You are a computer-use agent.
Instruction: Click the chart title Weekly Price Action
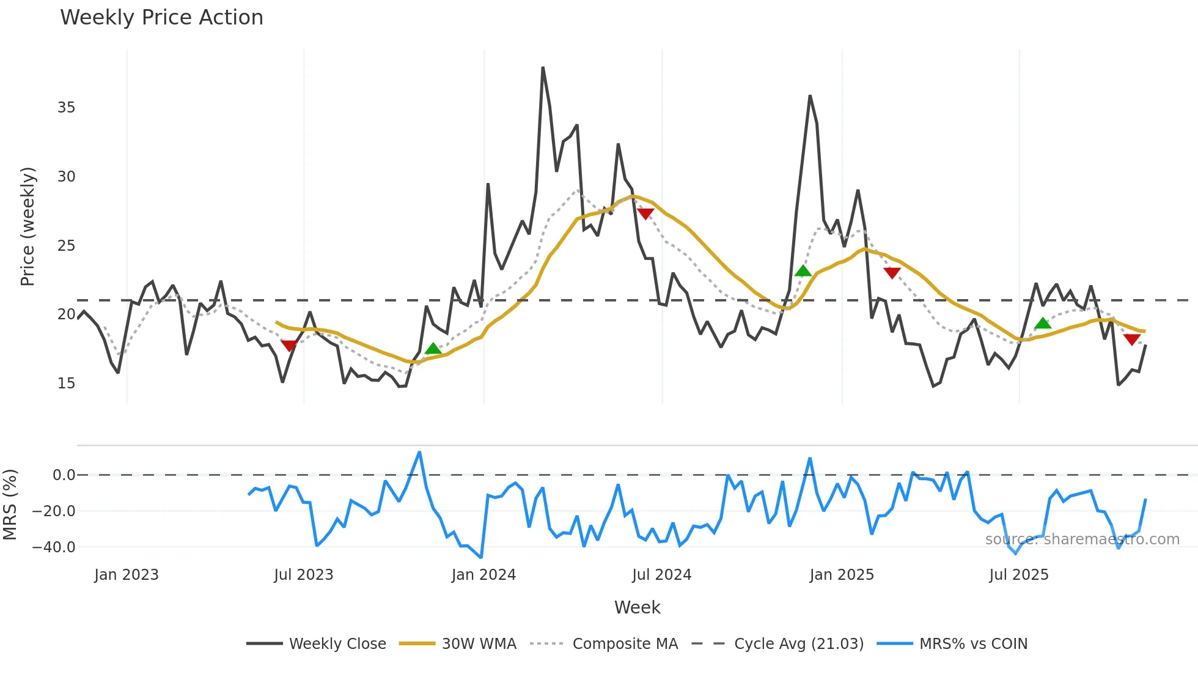161,18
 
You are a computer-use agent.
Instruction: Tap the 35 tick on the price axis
66,108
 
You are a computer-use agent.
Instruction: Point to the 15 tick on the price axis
66,383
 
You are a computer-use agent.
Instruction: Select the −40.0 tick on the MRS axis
54,547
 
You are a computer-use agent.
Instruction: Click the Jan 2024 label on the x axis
483,575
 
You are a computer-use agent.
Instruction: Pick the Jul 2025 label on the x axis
1019,575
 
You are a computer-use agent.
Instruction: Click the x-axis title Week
637,607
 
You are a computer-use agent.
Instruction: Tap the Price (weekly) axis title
28,226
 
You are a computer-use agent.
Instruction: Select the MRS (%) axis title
10,505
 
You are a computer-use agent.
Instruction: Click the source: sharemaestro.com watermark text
1082,539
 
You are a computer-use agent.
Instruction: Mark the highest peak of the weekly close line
543,68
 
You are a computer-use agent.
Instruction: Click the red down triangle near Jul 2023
289,345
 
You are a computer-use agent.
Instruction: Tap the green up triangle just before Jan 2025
803,271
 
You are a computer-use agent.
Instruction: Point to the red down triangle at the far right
1131,339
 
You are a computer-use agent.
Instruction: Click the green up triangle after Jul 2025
1043,324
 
